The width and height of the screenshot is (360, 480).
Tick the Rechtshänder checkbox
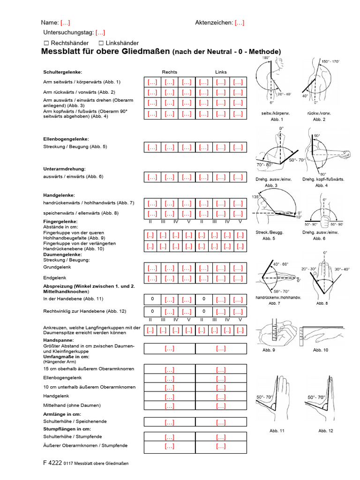(x=46, y=43)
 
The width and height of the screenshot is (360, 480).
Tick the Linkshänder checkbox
(x=101, y=43)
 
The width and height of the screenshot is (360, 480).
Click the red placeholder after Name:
(x=65, y=22)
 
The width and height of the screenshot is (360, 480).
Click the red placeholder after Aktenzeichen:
(x=240, y=22)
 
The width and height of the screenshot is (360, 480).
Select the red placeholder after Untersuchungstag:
(x=100, y=33)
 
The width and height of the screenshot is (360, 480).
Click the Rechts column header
(x=169, y=72)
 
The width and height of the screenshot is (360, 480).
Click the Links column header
(x=221, y=72)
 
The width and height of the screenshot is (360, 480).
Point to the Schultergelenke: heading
(x=62, y=72)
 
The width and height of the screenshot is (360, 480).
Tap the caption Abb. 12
(x=326, y=430)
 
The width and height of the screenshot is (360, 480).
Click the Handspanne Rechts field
(x=169, y=348)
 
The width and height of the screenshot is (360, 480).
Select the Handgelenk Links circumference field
(x=221, y=397)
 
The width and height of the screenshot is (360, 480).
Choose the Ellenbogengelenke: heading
(x=66, y=139)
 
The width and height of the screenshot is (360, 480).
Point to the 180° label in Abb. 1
(x=266, y=58)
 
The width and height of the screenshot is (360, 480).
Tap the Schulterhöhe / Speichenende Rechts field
(x=169, y=422)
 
